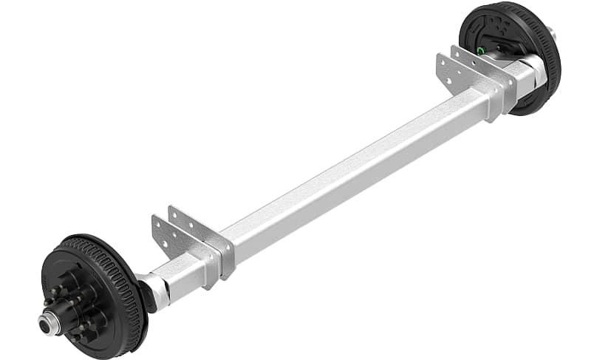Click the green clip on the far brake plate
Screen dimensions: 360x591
tap(480, 50)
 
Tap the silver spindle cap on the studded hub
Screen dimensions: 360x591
tap(48, 322)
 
